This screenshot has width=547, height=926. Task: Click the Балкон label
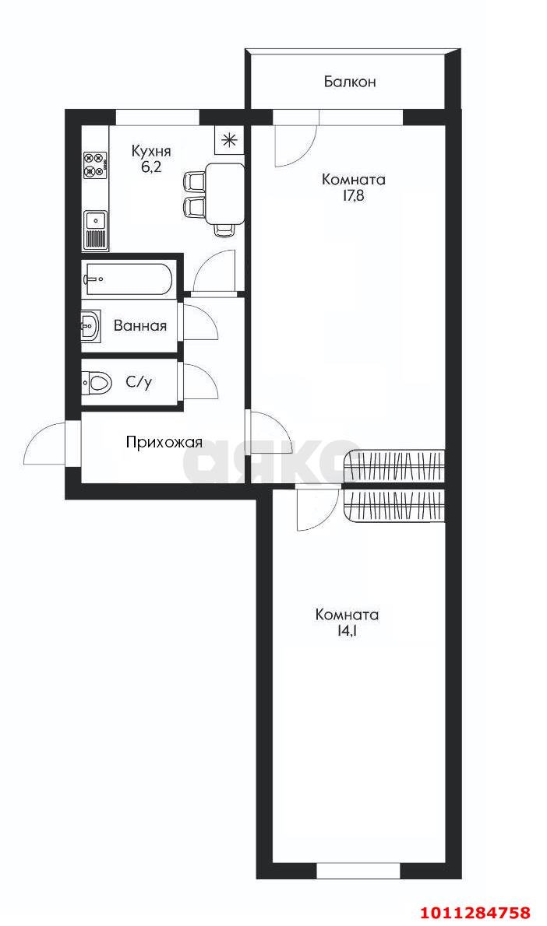[350, 81]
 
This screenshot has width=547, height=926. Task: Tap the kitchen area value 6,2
[151, 167]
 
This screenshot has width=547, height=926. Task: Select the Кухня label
[151, 151]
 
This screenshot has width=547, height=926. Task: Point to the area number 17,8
[354, 196]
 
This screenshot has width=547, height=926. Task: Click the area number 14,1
[347, 631]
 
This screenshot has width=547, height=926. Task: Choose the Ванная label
[140, 326]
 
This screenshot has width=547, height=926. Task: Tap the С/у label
[139, 382]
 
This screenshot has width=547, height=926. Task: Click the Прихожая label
[164, 443]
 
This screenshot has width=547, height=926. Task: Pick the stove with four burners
[95, 165]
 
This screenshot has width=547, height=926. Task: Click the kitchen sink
[96, 220]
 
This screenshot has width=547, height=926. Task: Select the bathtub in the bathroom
[129, 278]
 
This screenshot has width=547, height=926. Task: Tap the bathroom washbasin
[90, 326]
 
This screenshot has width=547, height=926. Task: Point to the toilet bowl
[97, 382]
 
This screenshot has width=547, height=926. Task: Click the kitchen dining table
[225, 192]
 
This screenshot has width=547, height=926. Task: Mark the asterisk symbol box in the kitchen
[228, 140]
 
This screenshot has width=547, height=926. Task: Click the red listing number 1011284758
[475, 912]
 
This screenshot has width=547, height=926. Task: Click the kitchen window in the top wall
[157, 118]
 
